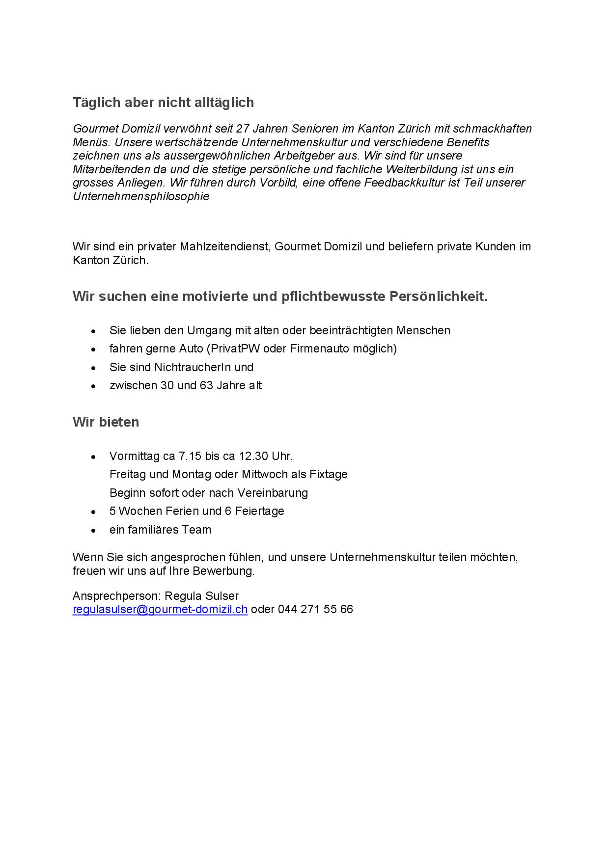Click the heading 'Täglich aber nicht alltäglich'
pos(163,102)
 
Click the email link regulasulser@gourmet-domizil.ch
pos(160,610)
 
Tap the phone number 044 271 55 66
pos(315,610)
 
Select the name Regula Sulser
pos(201,596)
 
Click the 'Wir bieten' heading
pos(106,422)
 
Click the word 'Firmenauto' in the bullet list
pos(316,349)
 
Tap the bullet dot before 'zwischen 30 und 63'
pos(93,386)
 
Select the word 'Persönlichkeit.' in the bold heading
pos(439,296)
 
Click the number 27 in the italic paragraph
pos(243,129)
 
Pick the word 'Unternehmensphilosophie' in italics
pos(141,196)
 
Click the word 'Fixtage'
pos(329,474)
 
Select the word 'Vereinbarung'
pos(273,493)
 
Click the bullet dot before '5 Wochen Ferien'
pos(93,512)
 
